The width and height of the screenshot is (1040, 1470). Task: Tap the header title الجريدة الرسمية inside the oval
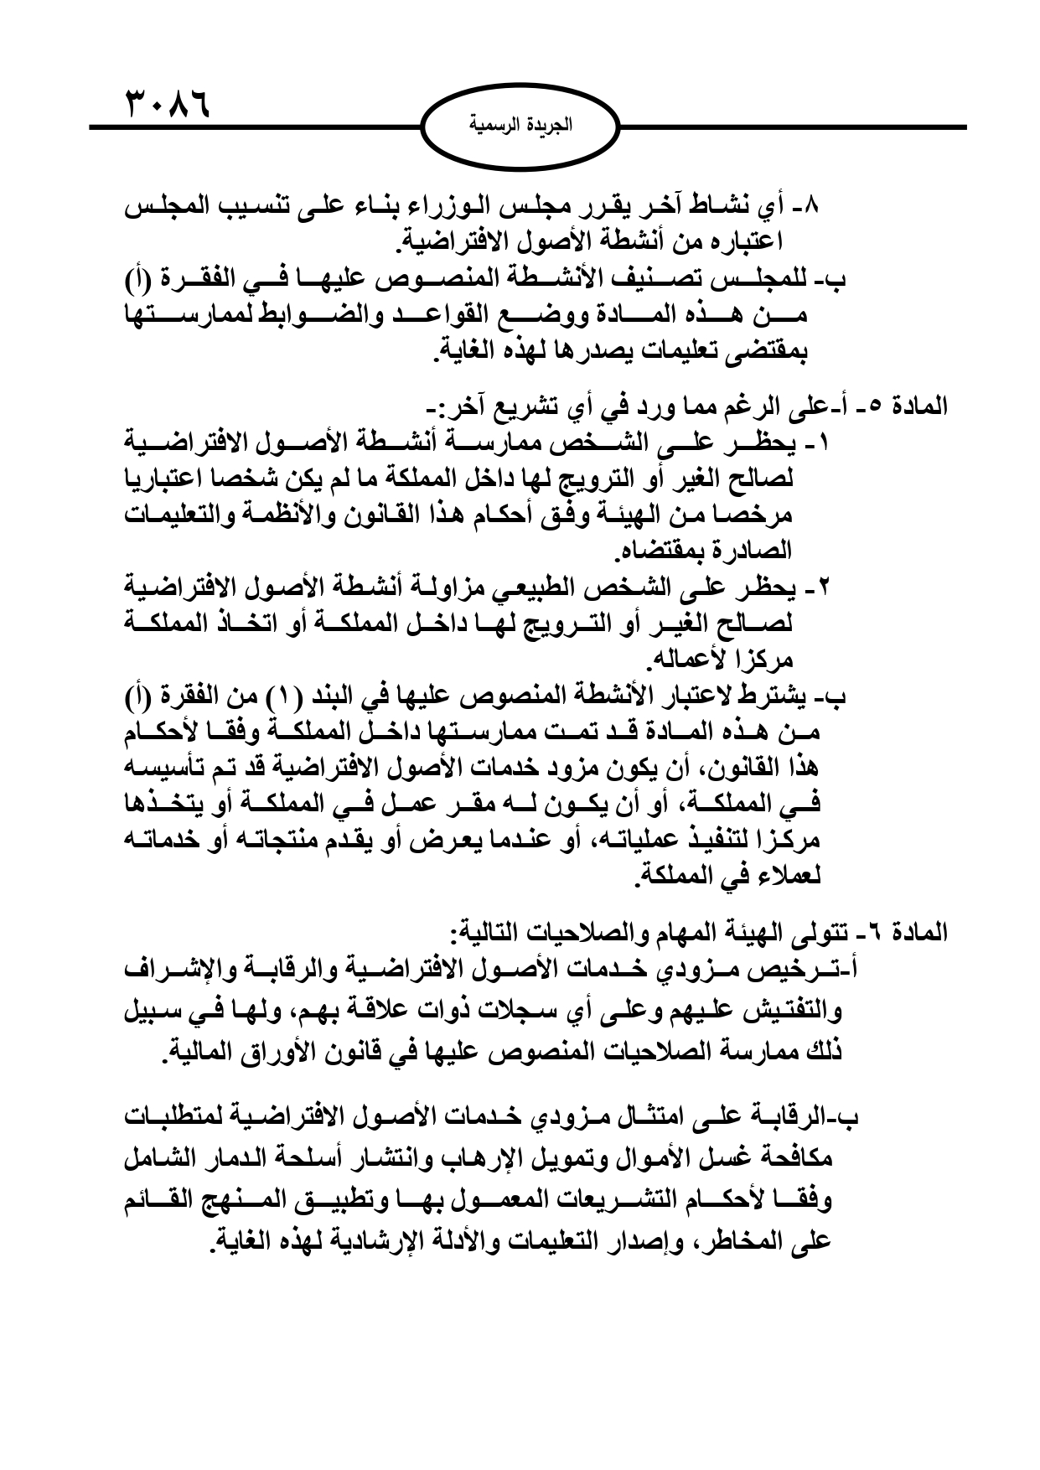coord(520,127)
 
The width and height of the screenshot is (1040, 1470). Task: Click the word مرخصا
coord(759,514)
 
